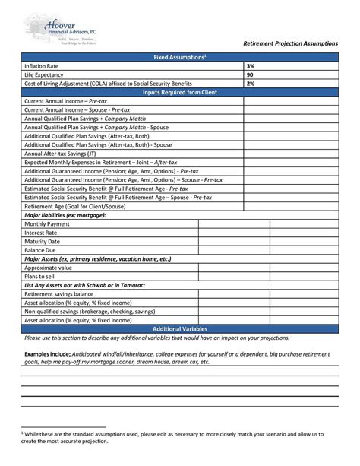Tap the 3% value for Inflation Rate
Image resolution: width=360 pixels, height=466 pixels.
click(250, 67)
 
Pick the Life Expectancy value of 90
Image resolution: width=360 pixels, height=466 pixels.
click(250, 75)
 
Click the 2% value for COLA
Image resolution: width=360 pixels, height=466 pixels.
click(250, 84)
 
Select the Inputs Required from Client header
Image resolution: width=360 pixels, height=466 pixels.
click(180, 92)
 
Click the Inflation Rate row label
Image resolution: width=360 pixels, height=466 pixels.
click(43, 67)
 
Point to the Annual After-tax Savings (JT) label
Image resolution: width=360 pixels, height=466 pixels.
click(60, 153)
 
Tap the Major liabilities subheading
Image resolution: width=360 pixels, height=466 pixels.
click(65, 215)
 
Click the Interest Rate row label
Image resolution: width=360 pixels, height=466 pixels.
click(43, 233)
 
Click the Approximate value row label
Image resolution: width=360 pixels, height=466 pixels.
click(49, 268)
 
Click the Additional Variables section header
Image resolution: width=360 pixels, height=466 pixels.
click(180, 328)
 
